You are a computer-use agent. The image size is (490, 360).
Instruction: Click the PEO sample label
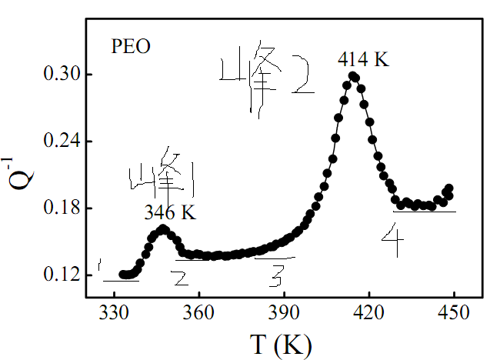click(130, 46)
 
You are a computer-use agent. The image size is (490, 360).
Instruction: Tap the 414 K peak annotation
click(364, 58)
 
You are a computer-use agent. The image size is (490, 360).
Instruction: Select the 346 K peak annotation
click(170, 213)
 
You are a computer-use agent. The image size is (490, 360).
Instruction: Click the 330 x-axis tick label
click(114, 314)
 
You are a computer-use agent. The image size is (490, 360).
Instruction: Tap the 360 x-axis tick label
click(199, 314)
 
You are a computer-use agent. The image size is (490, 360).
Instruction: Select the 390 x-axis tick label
click(284, 314)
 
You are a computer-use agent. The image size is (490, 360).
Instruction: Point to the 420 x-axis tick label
click(368, 314)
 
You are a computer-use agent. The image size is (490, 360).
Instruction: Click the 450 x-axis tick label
click(453, 314)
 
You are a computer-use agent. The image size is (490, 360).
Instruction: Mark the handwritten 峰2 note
click(265, 82)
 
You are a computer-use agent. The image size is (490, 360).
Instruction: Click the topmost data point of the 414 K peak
click(353, 76)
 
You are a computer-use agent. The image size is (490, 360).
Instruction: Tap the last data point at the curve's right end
click(449, 188)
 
